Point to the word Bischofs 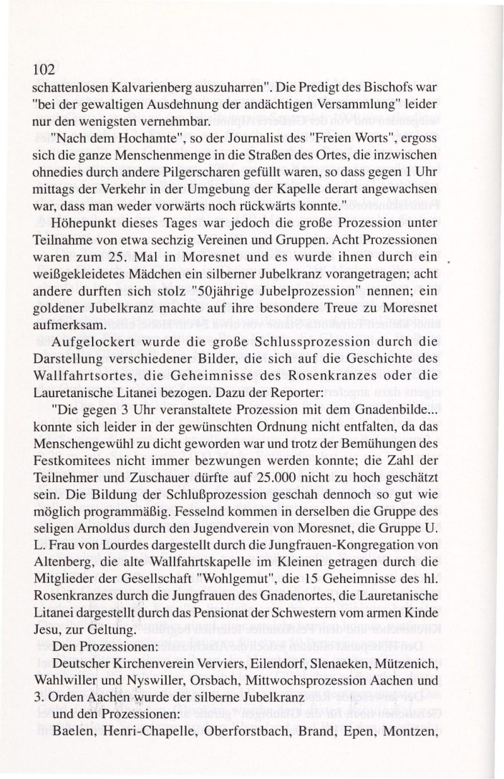click(389, 84)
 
